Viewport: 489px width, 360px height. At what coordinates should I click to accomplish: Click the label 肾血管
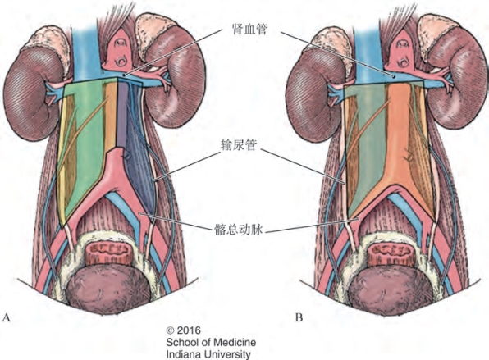tap(249, 29)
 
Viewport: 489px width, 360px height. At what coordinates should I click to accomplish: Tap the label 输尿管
tap(239, 145)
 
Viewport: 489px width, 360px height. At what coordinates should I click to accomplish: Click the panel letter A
tap(7, 317)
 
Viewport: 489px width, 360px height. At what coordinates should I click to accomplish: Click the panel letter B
tap(299, 317)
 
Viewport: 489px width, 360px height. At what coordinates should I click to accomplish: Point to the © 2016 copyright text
tap(184, 330)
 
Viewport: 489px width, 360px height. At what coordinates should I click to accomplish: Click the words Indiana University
tap(208, 354)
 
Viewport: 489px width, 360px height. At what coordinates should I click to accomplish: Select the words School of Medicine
tap(211, 342)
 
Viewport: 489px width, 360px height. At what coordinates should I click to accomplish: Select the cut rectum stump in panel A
tap(108, 253)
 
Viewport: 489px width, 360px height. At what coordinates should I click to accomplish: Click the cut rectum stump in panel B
tap(391, 253)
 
